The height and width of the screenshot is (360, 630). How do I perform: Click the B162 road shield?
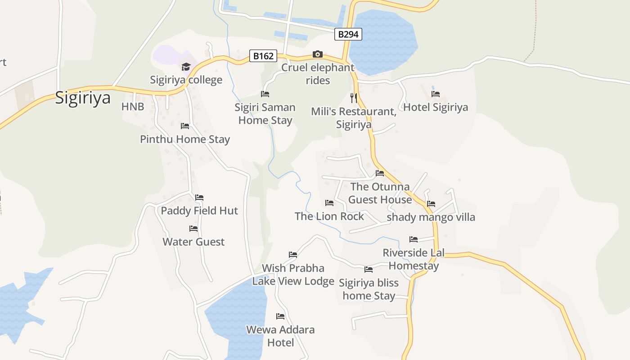coord(263,56)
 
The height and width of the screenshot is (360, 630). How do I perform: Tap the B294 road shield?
coord(348,34)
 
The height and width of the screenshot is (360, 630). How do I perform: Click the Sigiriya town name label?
coord(83,98)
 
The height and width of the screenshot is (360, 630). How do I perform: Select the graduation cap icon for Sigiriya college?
coord(186,67)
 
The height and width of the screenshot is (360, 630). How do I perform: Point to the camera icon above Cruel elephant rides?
coord(318,54)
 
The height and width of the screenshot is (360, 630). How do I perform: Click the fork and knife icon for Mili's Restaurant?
coord(354,98)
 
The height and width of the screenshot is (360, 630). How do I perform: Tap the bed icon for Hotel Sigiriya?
coord(436,94)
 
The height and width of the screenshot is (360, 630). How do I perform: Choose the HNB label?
coord(133,107)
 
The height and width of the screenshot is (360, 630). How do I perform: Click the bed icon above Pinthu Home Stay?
coord(185,126)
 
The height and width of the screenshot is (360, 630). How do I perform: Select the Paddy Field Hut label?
coord(199,211)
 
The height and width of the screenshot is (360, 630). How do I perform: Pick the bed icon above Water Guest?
coord(193,229)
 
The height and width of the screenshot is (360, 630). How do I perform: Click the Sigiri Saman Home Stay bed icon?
coord(265,94)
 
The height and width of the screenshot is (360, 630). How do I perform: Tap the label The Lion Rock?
coord(329,216)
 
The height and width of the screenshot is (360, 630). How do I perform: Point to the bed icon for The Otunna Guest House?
coord(380,173)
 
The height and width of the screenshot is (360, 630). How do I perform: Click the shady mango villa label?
coord(431,217)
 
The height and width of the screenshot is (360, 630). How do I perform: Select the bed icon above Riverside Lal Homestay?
coord(414,239)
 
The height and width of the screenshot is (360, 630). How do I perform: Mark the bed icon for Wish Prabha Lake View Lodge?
coord(293,255)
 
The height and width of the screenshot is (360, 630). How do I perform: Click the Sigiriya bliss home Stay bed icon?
coord(369,270)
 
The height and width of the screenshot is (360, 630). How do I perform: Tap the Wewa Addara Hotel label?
coord(280,336)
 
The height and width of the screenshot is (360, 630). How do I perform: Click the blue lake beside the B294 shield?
coord(382,43)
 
